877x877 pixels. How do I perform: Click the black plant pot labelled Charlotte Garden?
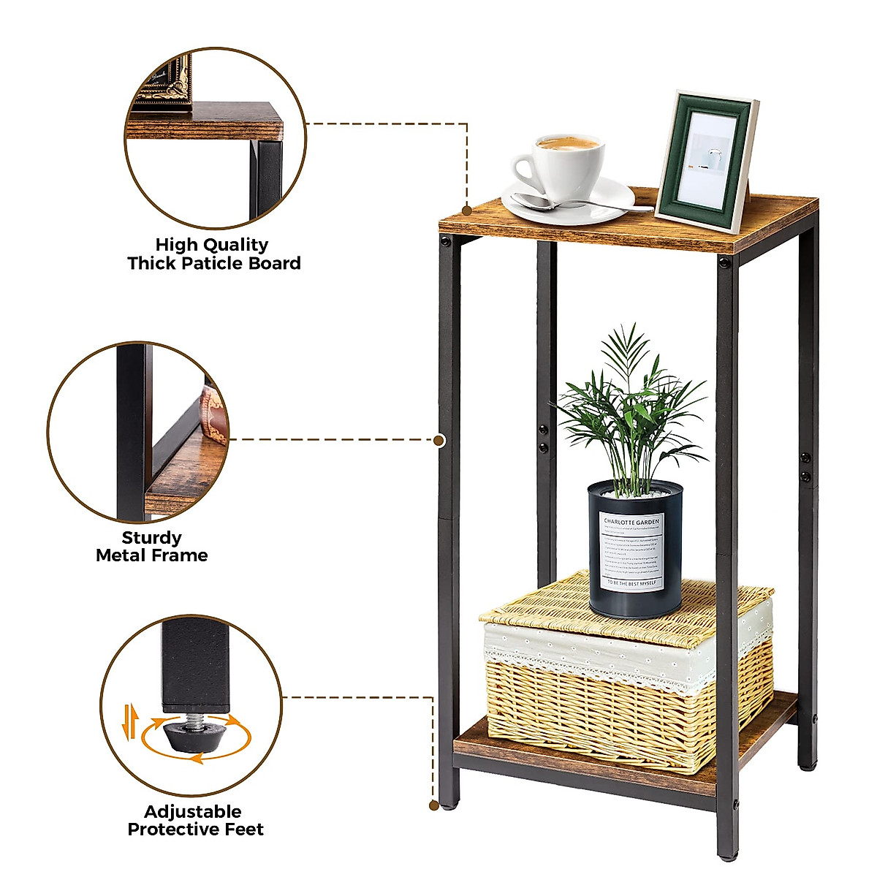coord(634,548)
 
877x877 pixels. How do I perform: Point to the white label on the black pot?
coord(631,550)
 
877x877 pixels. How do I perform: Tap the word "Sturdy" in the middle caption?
coord(151,538)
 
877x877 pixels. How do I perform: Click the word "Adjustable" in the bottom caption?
coord(192,812)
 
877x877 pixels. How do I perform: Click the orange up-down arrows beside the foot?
coord(130,720)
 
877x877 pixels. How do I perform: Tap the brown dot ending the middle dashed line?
coord(439,441)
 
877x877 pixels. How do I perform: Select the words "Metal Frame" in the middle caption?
coord(152,555)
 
